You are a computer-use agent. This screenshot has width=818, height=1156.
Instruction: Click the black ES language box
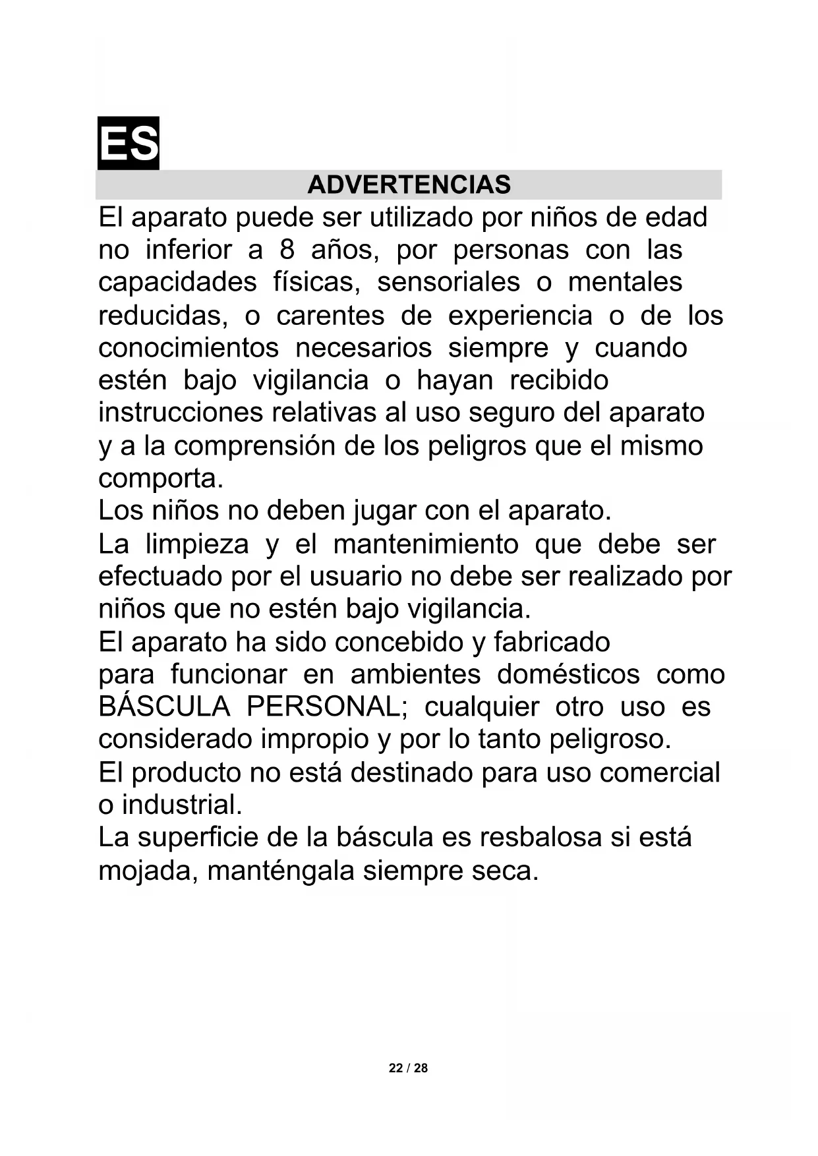[x=129, y=143]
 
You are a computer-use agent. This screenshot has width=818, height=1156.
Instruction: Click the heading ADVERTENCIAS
[x=409, y=185]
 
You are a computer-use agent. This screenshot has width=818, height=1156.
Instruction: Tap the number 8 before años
[x=287, y=250]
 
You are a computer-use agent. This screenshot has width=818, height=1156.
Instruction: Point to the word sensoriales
[x=448, y=283]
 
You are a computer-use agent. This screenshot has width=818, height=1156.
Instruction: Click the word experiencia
[x=520, y=316]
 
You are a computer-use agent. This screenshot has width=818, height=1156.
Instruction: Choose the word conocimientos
[x=189, y=348]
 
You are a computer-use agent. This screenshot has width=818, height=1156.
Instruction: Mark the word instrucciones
[x=180, y=413]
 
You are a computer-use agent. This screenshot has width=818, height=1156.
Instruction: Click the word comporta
[x=161, y=479]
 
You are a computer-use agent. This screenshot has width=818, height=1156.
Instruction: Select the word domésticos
[x=568, y=675]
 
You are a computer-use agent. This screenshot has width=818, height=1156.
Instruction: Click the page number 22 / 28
[x=408, y=1068]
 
